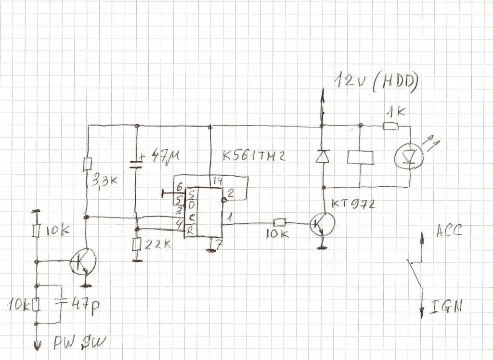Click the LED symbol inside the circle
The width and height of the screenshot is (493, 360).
pos(408,157)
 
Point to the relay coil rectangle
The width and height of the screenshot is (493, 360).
pos(360,157)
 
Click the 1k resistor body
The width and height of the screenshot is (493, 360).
pos(390,127)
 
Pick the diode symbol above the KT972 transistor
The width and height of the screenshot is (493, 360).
pos(322,156)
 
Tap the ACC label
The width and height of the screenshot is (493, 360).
pos(449,231)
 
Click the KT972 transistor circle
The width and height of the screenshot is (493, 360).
pos(322,223)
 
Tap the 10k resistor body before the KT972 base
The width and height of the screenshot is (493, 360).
pos(280,222)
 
